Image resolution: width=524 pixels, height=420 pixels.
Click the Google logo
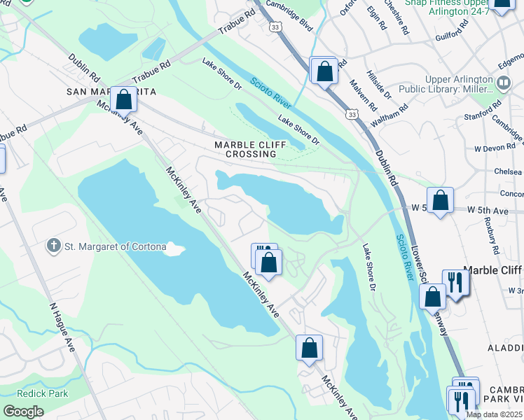(x=23, y=411)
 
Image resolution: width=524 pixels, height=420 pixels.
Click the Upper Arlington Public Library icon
(x=503, y=83)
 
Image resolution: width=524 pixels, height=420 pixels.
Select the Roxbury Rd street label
(x=490, y=234)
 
